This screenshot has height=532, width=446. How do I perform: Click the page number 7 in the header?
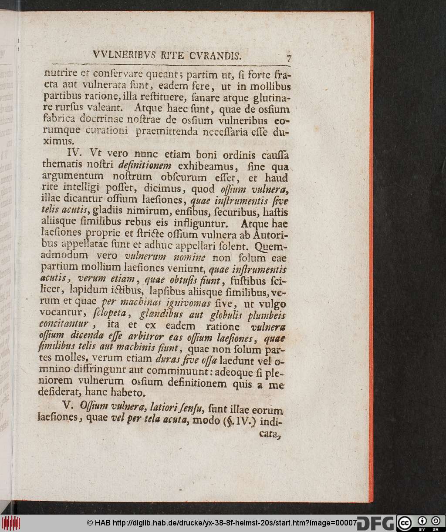pyautogui.click(x=288, y=57)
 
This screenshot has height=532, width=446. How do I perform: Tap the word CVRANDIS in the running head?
pyautogui.click(x=214, y=55)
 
